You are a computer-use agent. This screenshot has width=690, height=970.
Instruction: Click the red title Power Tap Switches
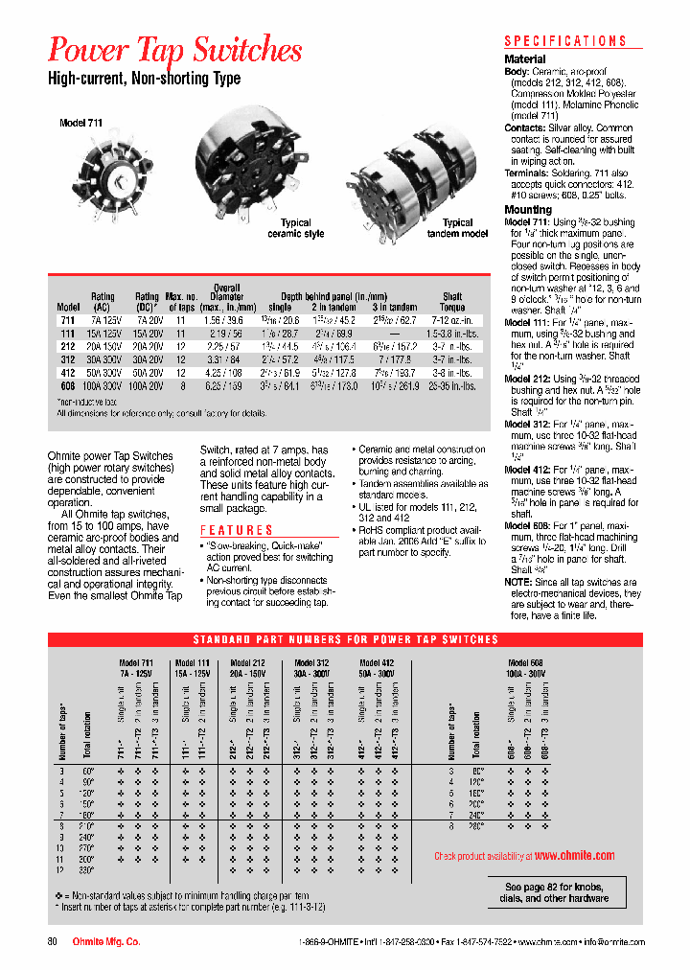[x=175, y=49]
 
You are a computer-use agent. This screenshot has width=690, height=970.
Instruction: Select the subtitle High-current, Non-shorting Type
[x=144, y=79]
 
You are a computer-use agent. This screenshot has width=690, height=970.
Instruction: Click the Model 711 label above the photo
[x=80, y=124]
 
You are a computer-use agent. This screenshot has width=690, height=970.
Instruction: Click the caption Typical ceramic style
[x=295, y=228]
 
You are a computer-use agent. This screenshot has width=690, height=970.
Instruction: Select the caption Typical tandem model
[x=458, y=228]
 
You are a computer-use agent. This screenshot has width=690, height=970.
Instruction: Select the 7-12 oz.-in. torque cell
[x=452, y=319]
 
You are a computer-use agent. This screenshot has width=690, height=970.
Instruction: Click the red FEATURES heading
[x=237, y=530]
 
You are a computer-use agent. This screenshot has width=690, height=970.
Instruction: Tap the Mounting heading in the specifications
[x=528, y=209]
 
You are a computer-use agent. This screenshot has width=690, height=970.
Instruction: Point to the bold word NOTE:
[x=517, y=583]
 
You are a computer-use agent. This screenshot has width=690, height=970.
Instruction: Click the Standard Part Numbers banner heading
[x=346, y=639]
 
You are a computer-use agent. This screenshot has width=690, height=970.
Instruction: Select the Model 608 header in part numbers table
[x=526, y=663]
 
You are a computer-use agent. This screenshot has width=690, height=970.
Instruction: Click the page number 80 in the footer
[x=53, y=942]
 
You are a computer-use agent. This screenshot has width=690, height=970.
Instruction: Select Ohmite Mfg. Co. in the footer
[x=106, y=942]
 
